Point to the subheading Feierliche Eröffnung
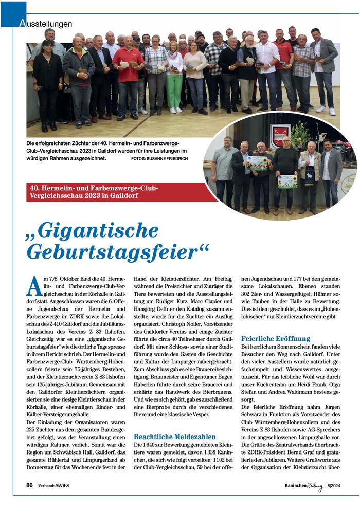pyautogui.click(x=275, y=338)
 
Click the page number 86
pyautogui.click(x=30, y=485)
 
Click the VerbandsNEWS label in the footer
pyautogui.click(x=53, y=485)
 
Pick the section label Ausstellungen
pyautogui.click(x=46, y=24)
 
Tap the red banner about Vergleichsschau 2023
pyautogui.click(x=115, y=192)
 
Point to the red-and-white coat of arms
pyautogui.click(x=280, y=136)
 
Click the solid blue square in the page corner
pyautogui.click(x=13, y=13)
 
